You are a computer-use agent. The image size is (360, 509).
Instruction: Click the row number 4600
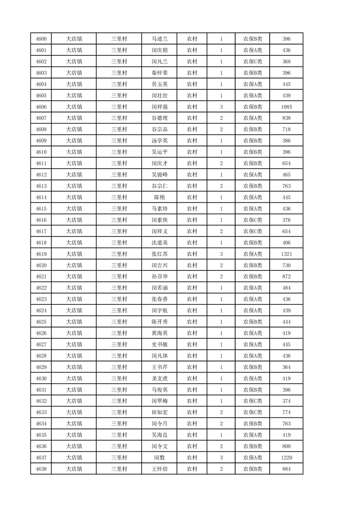tap(41, 39)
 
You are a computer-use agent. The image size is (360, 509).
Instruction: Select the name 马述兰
tap(159, 39)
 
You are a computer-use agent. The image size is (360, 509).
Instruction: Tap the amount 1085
tap(286, 107)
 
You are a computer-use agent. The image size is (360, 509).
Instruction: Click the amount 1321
tap(286, 254)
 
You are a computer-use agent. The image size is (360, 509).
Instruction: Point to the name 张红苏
tap(159, 254)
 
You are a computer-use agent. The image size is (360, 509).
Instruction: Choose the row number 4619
tap(41, 254)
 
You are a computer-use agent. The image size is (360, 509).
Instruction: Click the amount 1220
tap(286, 458)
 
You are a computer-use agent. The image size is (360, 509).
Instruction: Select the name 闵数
tap(159, 458)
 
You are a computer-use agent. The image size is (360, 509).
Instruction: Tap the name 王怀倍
tap(159, 469)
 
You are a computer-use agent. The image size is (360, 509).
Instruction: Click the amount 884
tap(286, 469)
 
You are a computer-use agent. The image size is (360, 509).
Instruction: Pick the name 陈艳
tap(159, 197)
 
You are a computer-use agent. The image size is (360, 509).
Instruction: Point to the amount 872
tap(286, 277)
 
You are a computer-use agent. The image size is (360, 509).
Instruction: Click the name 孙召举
tap(159, 277)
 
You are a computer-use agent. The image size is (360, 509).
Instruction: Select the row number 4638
tap(41, 469)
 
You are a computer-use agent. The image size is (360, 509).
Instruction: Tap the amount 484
tap(286, 288)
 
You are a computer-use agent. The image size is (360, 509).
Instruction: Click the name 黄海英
tap(159, 333)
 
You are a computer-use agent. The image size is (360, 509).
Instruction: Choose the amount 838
tap(286, 118)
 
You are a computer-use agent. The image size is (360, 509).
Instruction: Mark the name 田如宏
tap(159, 412)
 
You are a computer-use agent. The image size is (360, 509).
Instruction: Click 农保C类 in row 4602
tap(252, 62)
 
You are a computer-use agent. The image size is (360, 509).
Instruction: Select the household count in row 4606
tap(221, 107)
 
